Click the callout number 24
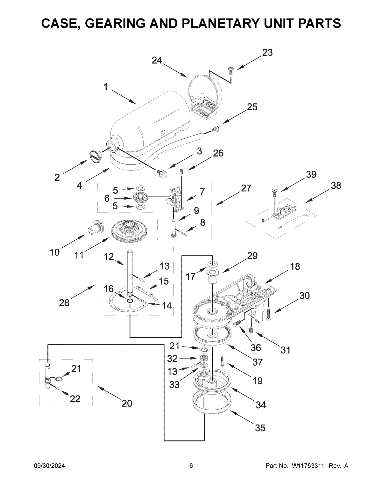click(x=157, y=60)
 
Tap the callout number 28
click(x=64, y=302)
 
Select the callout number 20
click(x=127, y=403)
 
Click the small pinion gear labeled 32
click(x=203, y=359)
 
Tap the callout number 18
click(x=295, y=266)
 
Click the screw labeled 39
click(x=274, y=192)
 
